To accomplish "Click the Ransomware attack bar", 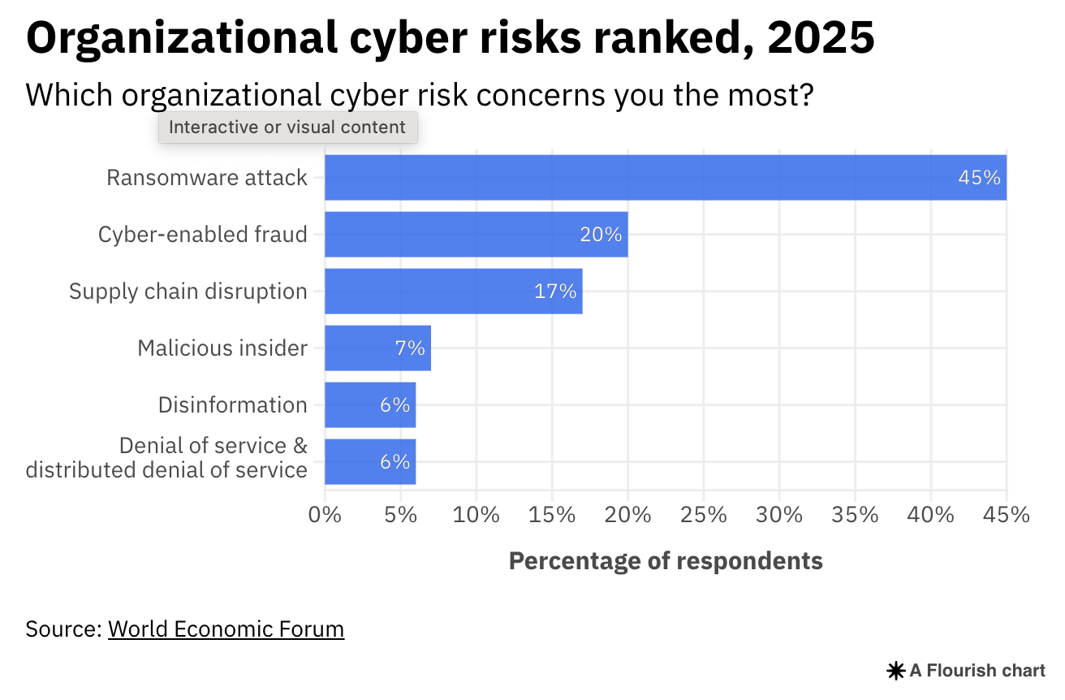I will pyautogui.click(x=666, y=177).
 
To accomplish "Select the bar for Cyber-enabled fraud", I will pyautogui.click(x=476, y=235).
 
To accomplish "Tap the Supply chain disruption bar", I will pyautogui.click(x=453, y=292).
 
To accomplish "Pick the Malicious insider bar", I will pyautogui.click(x=377, y=348).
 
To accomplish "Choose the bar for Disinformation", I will pyautogui.click(x=370, y=405).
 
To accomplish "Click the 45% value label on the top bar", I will pyautogui.click(x=979, y=178).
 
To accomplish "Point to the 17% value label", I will pyautogui.click(x=554, y=292).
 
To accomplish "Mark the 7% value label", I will pyautogui.click(x=410, y=348).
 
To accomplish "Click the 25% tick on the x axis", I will pyautogui.click(x=704, y=514).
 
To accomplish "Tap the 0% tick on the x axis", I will pyautogui.click(x=325, y=514).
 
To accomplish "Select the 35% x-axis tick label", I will pyautogui.click(x=856, y=514).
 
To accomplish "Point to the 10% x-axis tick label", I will pyautogui.click(x=476, y=514).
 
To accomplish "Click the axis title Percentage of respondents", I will pyautogui.click(x=666, y=560).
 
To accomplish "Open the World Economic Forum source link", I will pyautogui.click(x=226, y=629).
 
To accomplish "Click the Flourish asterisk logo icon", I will pyautogui.click(x=895, y=671).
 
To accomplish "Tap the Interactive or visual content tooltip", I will pyautogui.click(x=287, y=127).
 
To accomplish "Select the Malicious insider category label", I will pyautogui.click(x=222, y=348).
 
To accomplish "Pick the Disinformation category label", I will pyautogui.click(x=233, y=405).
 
